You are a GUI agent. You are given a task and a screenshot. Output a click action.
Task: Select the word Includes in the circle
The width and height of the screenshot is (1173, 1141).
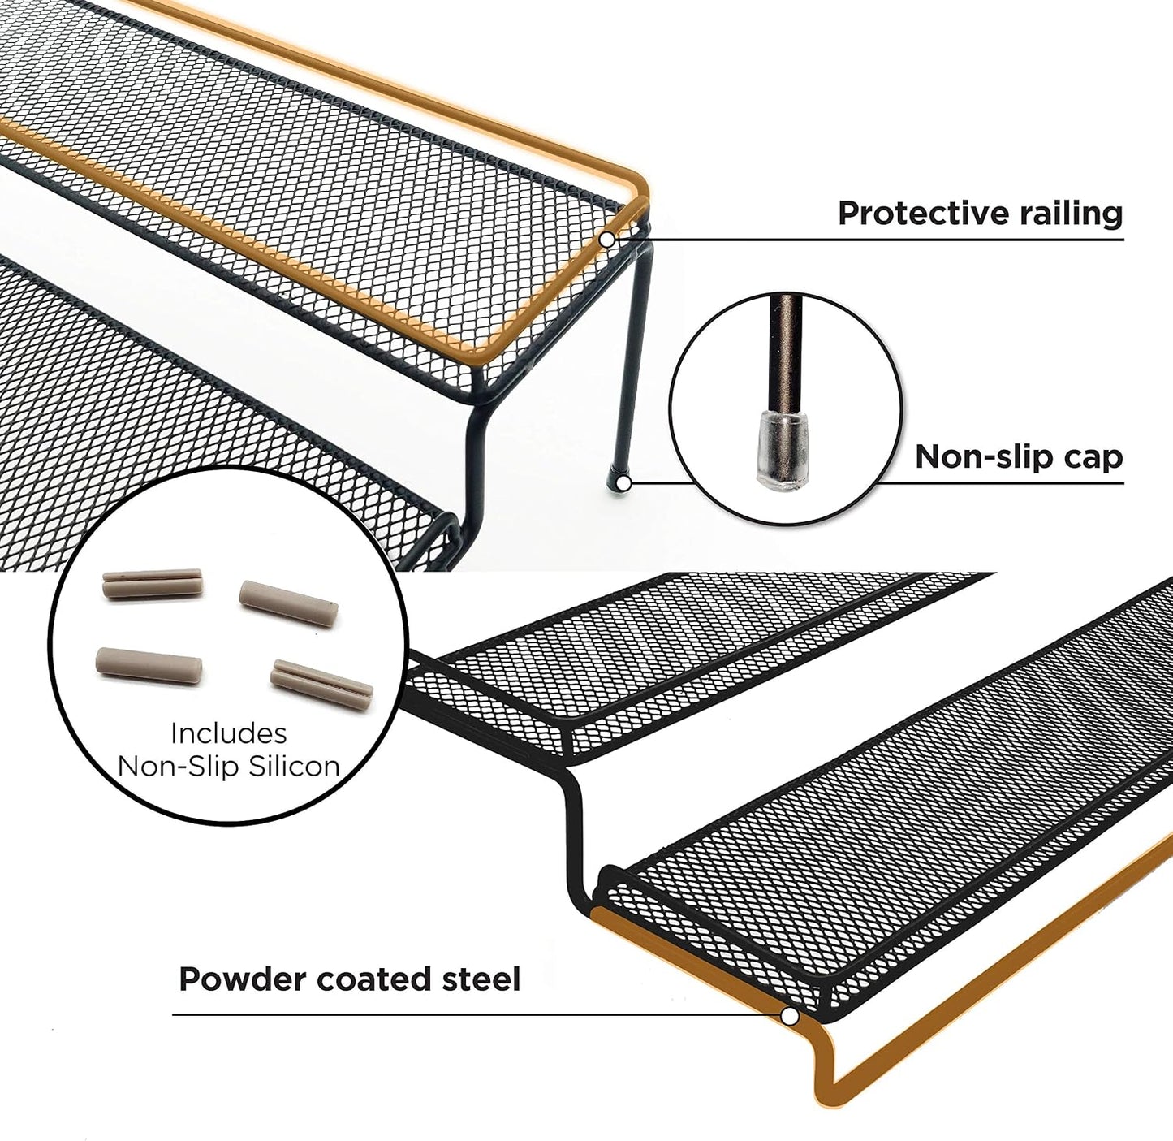tap(228, 734)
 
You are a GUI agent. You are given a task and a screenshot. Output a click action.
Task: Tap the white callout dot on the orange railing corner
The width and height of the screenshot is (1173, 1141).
tap(607, 240)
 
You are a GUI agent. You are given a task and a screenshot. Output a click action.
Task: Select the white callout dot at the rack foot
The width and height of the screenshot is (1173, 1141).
tap(624, 483)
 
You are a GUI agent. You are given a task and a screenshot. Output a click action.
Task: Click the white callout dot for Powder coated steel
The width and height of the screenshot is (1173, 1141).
tap(790, 1016)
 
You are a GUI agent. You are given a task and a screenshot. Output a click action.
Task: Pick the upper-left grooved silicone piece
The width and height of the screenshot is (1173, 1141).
tap(152, 583)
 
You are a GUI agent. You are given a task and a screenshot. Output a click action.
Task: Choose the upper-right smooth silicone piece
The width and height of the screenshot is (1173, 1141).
tap(289, 603)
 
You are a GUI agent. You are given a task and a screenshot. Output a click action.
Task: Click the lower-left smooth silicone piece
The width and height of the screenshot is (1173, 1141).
tap(149, 666)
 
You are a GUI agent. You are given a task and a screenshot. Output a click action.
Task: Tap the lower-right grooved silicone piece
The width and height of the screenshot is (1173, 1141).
tap(322, 685)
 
